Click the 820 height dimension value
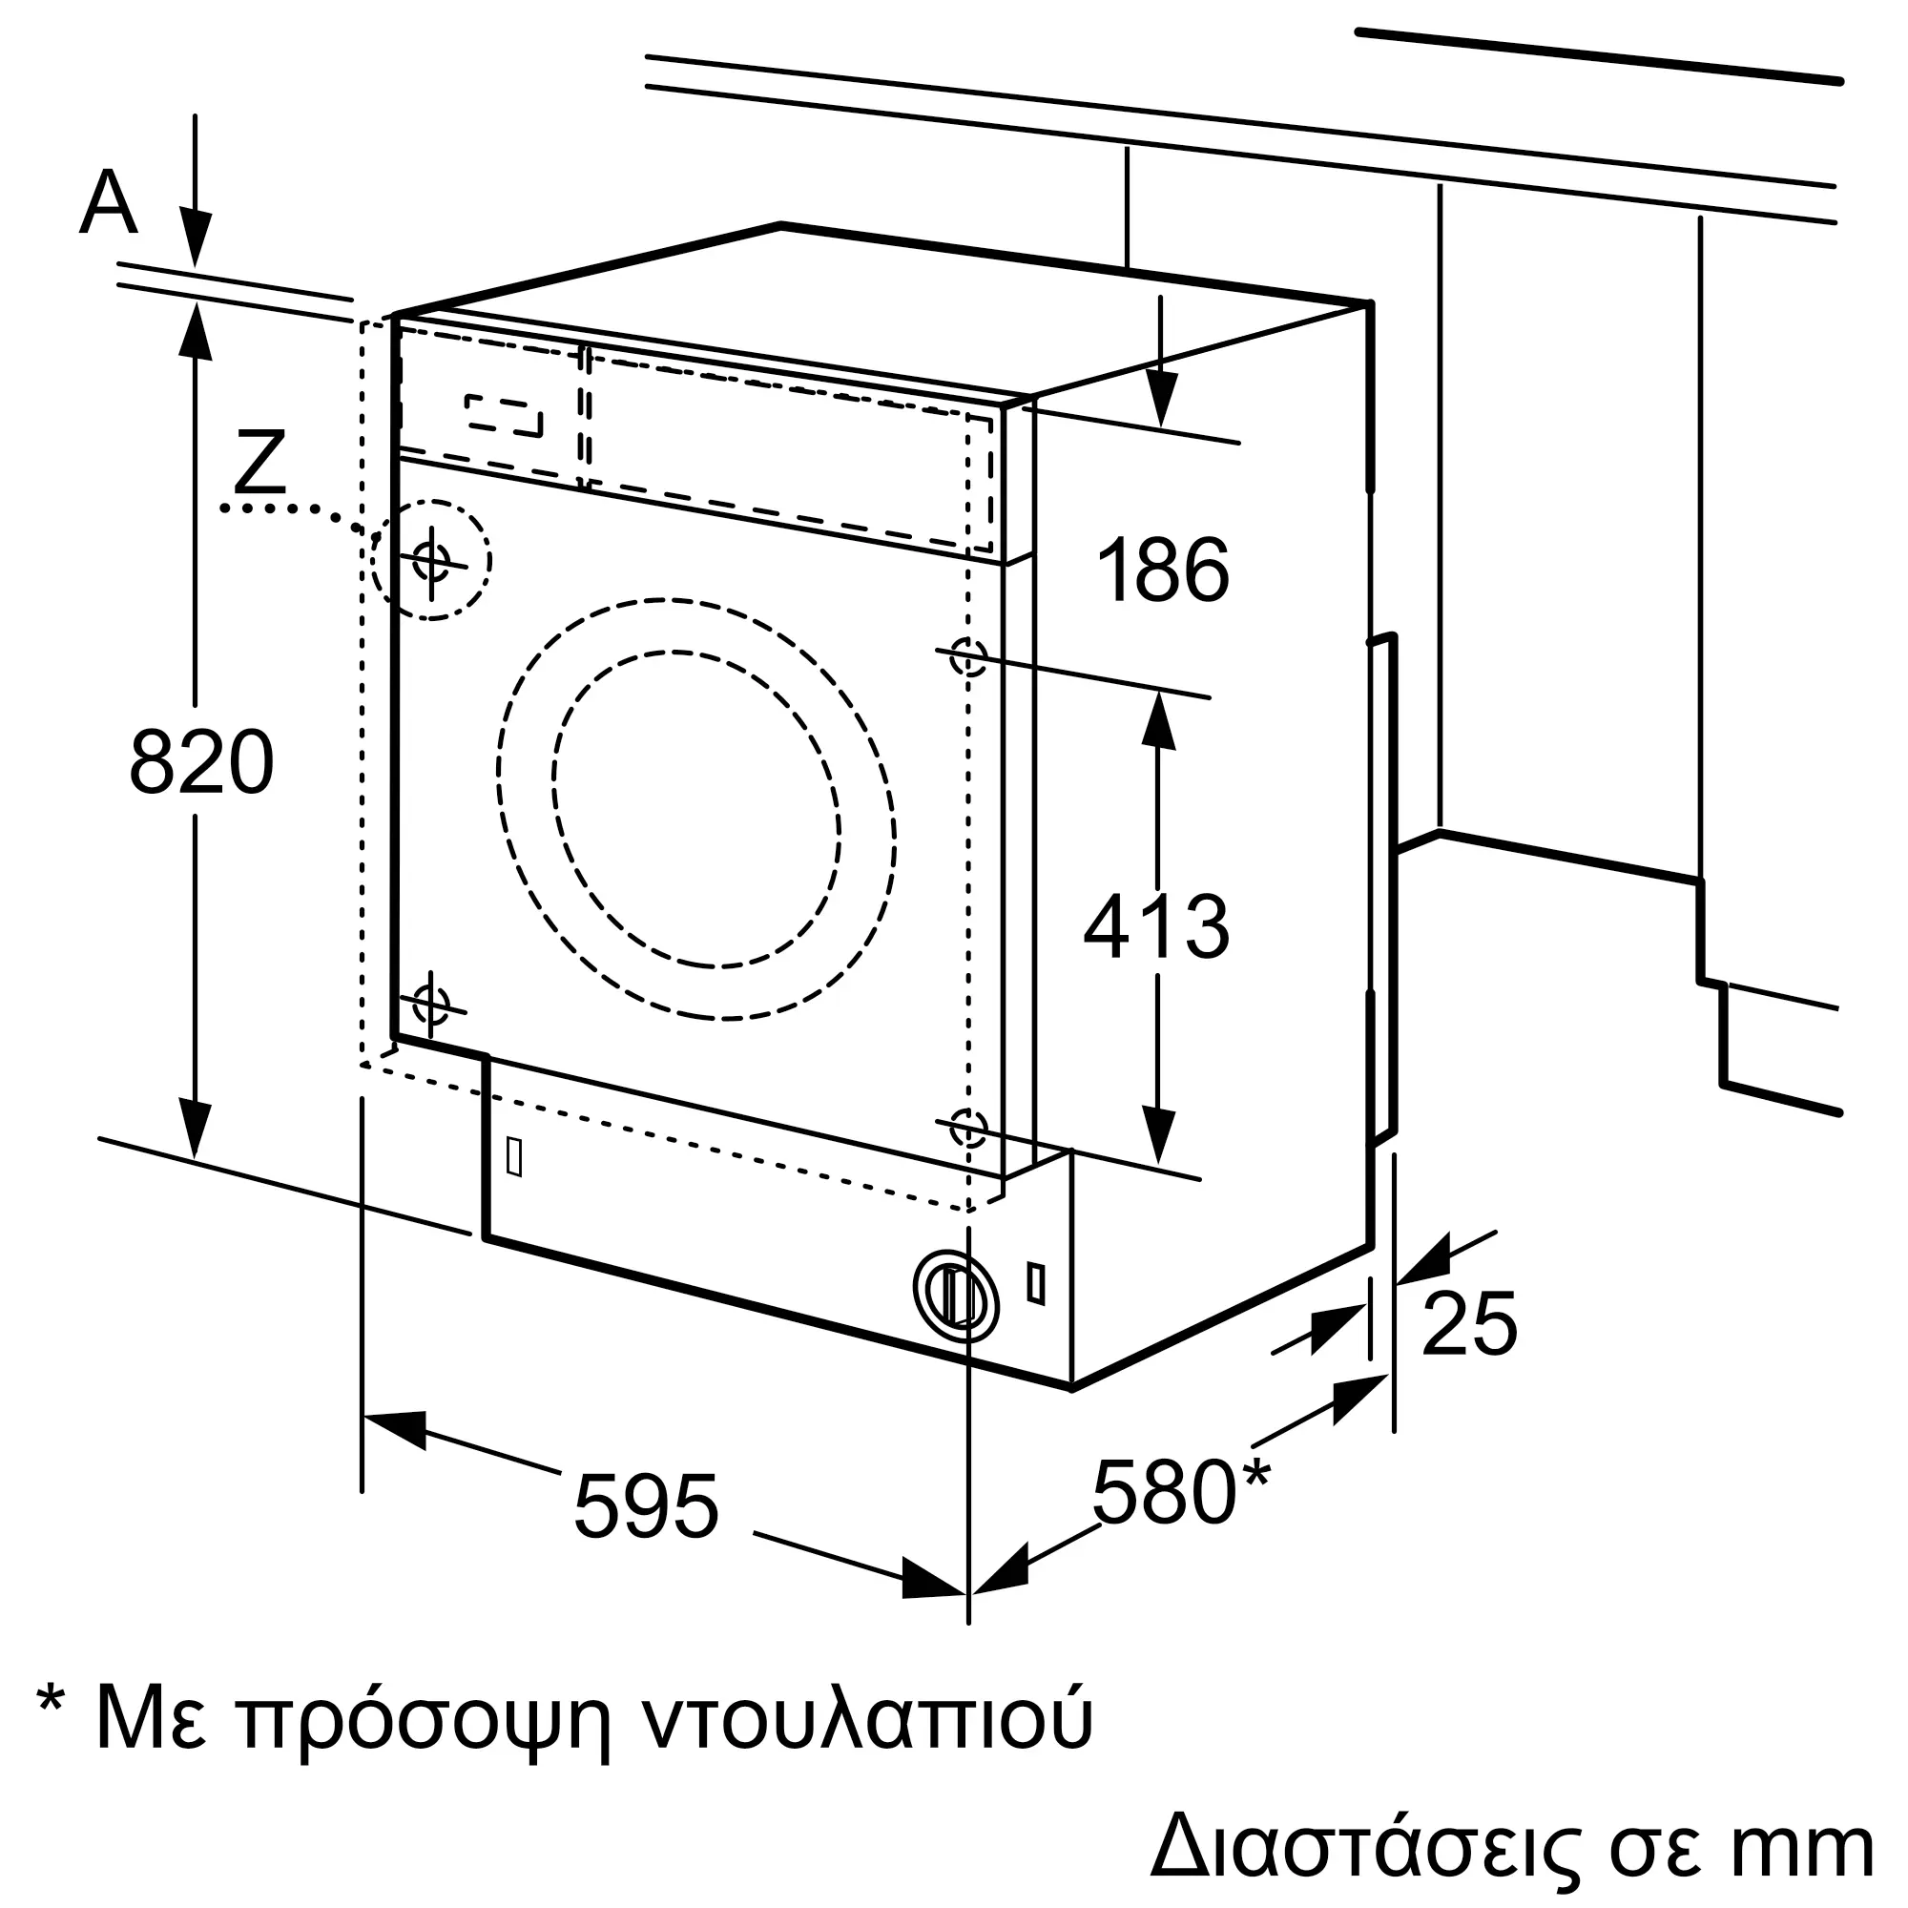pyautogui.click(x=201, y=760)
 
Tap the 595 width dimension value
pyautogui.click(x=646, y=1506)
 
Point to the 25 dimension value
pyautogui.click(x=1468, y=1322)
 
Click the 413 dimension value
pyautogui.click(x=1156, y=926)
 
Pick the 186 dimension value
pyautogui.click(x=1163, y=570)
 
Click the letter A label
pyautogui.click(x=108, y=201)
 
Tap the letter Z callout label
pyautogui.click(x=259, y=461)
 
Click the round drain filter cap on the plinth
pyautogui.click(x=956, y=1296)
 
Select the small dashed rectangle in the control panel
pyautogui.click(x=505, y=416)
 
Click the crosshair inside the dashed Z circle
pyautogui.click(x=431, y=561)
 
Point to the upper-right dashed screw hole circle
pyautogui.click(x=967, y=656)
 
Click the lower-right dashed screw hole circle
pyautogui.click(x=967, y=1127)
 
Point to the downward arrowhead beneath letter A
pyautogui.click(x=196, y=237)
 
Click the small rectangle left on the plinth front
pyautogui.click(x=513, y=1156)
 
